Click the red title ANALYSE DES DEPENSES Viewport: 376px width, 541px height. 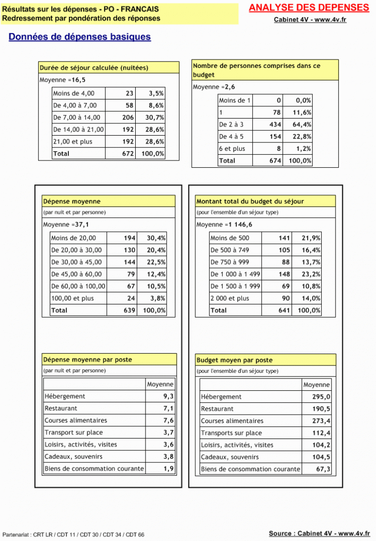click(309, 8)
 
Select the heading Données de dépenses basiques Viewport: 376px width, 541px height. click(80, 37)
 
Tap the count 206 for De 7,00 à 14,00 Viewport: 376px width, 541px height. click(128, 118)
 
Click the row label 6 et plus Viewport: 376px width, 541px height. click(232, 149)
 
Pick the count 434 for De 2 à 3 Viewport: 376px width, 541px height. click(275, 125)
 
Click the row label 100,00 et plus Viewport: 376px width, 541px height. click(72, 299)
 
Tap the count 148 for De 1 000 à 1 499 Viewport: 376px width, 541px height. click(284, 275)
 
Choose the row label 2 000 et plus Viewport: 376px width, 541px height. click(230, 299)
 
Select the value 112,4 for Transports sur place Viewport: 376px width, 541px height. click(321, 433)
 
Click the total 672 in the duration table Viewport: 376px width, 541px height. click(128, 154)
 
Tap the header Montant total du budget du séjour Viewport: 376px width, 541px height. click(250, 201)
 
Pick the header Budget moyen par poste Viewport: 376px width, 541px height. click(234, 361)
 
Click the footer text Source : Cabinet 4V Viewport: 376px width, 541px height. click(319, 533)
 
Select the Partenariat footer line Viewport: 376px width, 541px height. click(73, 535)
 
